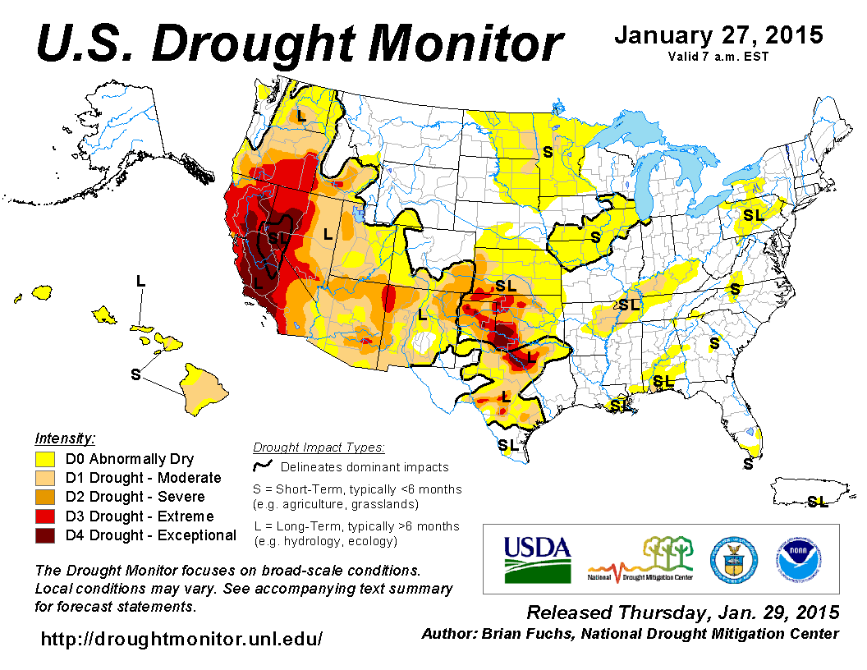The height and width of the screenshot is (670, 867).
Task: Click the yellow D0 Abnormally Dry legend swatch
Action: point(45,459)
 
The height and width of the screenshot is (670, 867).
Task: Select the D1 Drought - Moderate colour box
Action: point(45,478)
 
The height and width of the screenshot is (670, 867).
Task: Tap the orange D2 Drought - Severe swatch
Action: point(45,497)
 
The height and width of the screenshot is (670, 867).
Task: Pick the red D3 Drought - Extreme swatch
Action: point(45,516)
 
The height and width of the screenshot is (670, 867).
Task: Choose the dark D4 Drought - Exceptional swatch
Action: point(45,535)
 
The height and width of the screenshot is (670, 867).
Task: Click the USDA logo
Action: point(537,559)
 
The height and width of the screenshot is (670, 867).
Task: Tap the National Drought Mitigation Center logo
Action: point(640,559)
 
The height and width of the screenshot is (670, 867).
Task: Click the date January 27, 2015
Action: point(718,36)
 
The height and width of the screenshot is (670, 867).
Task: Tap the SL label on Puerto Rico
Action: point(817,501)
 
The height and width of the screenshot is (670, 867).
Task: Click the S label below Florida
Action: point(748,464)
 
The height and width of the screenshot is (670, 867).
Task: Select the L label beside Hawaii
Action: point(140,281)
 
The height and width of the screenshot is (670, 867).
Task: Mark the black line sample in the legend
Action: point(263,466)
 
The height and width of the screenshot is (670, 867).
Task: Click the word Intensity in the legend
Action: point(65,438)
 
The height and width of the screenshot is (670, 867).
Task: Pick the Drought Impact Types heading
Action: point(319,447)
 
